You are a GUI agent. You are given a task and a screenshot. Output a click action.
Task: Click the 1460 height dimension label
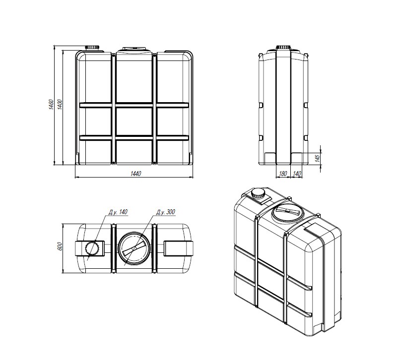pos(51,105)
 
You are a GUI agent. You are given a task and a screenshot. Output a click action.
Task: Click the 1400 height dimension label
pos(60,105)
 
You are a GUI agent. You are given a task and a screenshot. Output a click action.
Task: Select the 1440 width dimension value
pos(135,174)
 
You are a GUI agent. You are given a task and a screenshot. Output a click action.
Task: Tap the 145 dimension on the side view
pos(317,158)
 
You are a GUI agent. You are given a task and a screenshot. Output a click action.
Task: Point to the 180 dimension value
pos(282,174)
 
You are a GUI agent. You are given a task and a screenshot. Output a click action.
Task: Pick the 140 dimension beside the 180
pos(297,174)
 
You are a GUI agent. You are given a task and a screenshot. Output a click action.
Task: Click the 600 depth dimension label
pos(60,246)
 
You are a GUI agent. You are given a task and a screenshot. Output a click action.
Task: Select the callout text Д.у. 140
pos(118,212)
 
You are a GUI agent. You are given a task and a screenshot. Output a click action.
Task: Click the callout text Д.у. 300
pos(166,212)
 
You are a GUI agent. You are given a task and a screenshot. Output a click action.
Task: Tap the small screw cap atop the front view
pos(92,48)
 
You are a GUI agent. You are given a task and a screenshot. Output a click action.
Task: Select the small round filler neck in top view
pos(91,248)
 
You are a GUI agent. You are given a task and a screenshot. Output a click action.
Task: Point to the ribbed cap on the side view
pos(283,47)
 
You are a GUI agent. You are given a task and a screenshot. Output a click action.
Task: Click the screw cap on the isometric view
pos(258,193)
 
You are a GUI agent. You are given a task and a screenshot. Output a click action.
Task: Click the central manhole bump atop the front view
pos(134,49)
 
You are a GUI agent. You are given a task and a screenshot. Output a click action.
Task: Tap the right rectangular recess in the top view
pos(178,248)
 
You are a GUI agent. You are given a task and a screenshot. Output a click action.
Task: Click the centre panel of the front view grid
pos(134,121)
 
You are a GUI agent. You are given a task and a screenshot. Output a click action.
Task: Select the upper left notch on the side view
pos(261,105)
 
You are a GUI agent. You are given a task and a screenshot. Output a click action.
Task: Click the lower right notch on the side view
pos(306,138)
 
